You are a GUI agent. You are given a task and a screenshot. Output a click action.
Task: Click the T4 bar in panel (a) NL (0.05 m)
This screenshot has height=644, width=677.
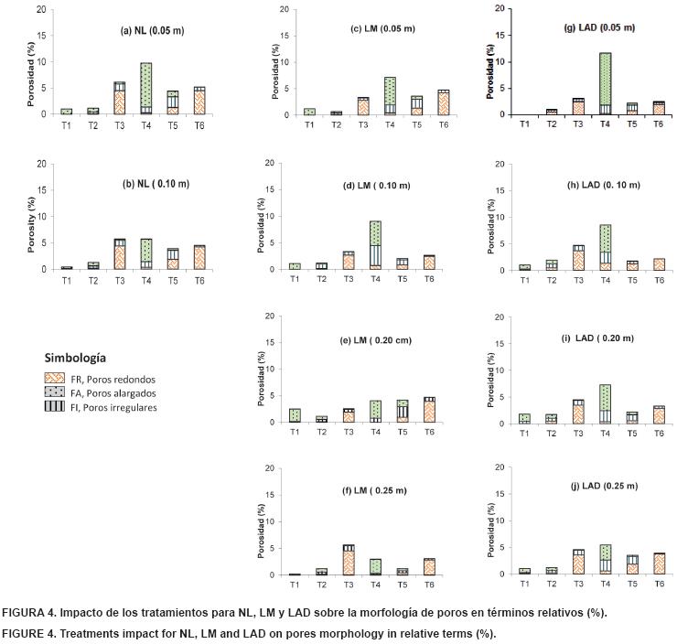point(145,89)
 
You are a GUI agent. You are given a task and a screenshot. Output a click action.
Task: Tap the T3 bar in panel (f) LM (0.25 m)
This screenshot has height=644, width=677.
point(349,560)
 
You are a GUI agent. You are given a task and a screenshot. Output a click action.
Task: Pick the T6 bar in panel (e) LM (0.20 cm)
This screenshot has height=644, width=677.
point(403,410)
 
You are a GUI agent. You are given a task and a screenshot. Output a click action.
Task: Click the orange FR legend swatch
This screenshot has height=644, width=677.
point(56,377)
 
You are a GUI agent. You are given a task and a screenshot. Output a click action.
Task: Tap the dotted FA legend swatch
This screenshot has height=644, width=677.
point(56,392)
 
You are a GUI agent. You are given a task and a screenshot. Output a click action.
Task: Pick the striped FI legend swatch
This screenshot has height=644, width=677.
point(56,407)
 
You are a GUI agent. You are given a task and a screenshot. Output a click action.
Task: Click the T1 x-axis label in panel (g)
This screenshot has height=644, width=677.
point(524,123)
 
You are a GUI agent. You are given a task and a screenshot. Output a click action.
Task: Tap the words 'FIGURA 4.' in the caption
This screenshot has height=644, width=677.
point(30,612)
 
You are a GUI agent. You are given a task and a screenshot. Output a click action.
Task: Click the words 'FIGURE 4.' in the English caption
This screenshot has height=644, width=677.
point(30,632)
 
